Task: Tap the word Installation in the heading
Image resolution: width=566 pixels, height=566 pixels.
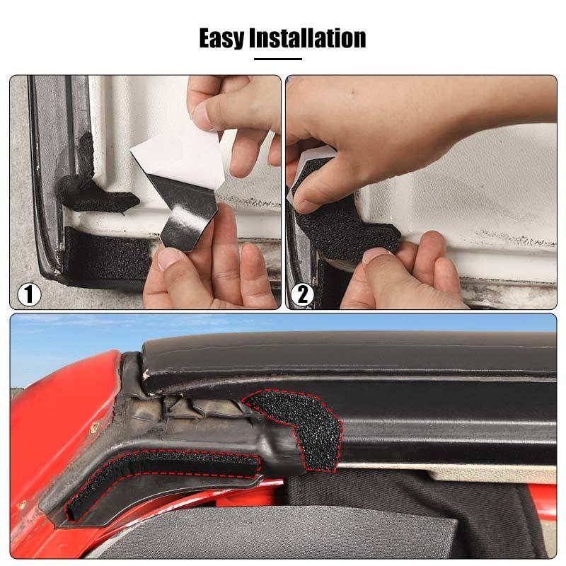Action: [307, 37]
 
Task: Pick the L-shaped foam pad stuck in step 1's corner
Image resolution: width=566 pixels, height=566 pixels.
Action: [99, 195]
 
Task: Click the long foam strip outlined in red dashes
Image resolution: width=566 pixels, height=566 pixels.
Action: [163, 470]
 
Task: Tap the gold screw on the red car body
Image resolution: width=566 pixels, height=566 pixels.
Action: [95, 427]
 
